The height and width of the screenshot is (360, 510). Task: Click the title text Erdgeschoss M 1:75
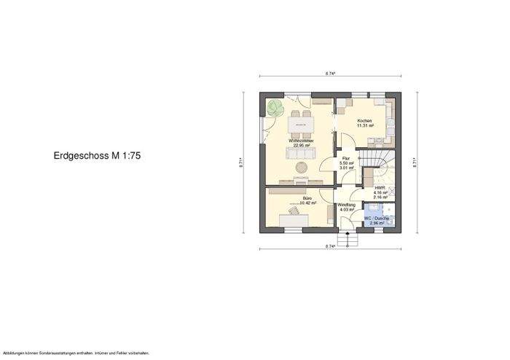point(97,156)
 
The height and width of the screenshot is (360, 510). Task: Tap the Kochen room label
point(364,121)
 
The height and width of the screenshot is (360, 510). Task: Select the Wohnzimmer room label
point(301,141)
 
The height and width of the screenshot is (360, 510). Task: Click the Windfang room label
point(347,206)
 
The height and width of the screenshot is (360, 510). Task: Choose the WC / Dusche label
point(376,219)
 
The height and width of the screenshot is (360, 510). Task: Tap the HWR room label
point(380,188)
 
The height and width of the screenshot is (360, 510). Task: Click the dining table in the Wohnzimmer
point(301,125)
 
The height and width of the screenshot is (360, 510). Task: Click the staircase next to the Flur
point(380,163)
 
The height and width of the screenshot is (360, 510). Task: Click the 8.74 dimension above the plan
point(330,74)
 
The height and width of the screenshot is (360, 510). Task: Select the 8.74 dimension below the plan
point(330,247)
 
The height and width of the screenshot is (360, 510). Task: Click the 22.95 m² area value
point(301,146)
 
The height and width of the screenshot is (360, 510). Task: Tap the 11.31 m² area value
point(364,126)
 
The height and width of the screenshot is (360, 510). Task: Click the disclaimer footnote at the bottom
point(76,353)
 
